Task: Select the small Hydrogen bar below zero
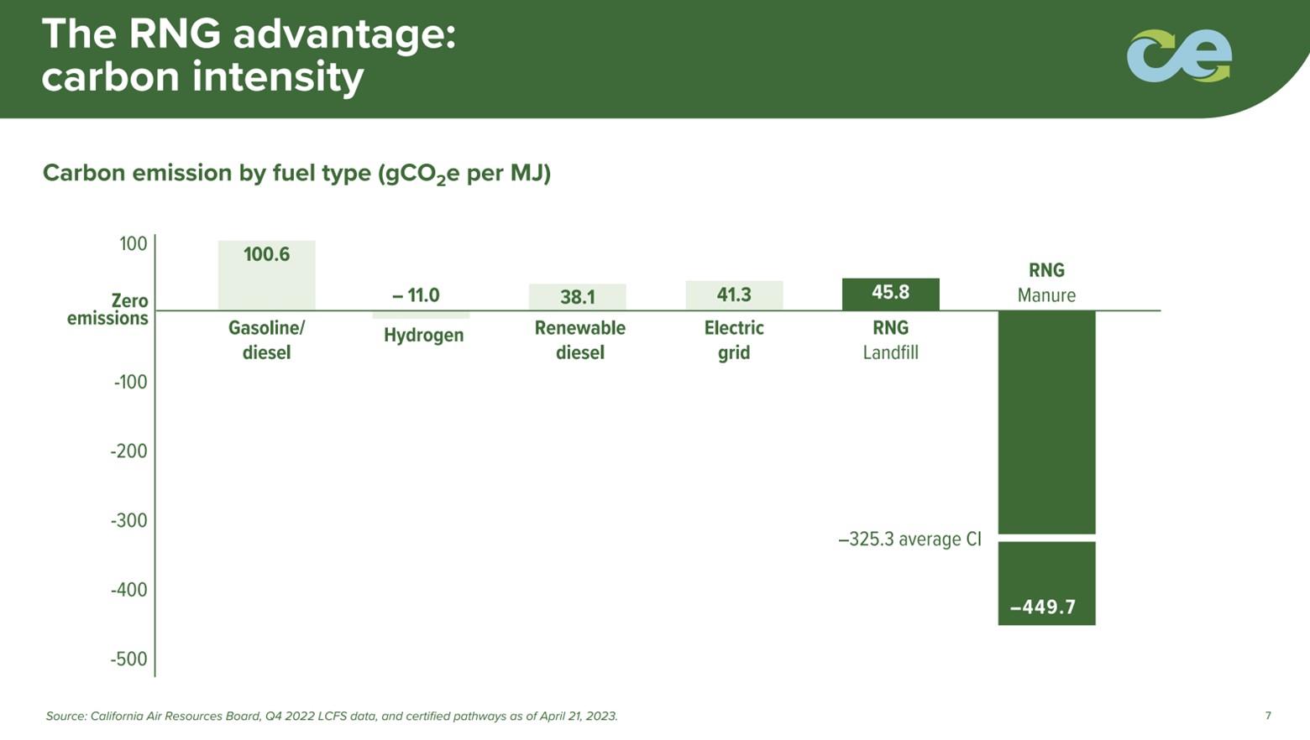(421, 315)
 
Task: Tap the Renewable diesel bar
(577, 297)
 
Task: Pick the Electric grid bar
(734, 295)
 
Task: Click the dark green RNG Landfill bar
(890, 294)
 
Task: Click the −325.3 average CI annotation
(909, 539)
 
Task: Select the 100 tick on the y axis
(133, 243)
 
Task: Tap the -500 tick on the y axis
(128, 659)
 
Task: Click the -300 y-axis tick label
(128, 520)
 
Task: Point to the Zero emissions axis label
(108, 310)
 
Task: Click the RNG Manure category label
(1046, 283)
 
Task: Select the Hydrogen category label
(423, 336)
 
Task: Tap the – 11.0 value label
(416, 295)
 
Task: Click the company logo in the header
(1179, 56)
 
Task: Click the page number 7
(1268, 716)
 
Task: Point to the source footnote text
(332, 717)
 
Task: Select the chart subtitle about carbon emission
(296, 174)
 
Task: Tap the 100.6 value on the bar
(266, 254)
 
